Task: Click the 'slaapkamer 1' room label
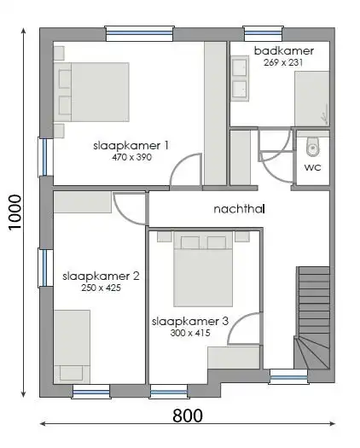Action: (x=131, y=146)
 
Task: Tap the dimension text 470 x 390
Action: (x=131, y=157)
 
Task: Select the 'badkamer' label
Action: (x=283, y=51)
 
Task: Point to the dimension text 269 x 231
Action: (x=283, y=62)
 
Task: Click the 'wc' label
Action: (x=312, y=167)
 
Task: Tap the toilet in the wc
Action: (x=313, y=146)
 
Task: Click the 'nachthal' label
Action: (x=237, y=207)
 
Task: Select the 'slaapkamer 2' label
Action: (x=101, y=276)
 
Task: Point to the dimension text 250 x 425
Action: (x=101, y=288)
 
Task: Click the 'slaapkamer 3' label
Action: (x=190, y=322)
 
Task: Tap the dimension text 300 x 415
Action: (x=190, y=333)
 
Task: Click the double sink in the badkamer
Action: (x=240, y=79)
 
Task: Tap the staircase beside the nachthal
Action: (x=312, y=317)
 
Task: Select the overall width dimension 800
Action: (x=188, y=416)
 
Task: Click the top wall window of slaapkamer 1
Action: (x=138, y=33)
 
